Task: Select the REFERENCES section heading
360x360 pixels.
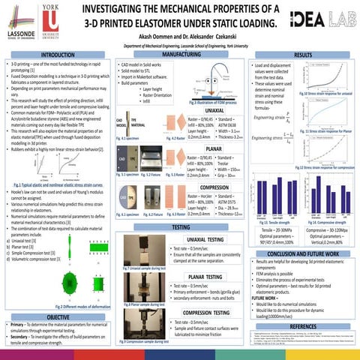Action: tap(304, 326)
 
